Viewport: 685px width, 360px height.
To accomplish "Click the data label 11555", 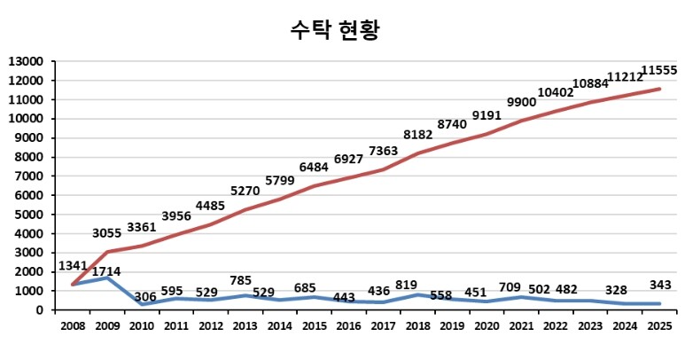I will coord(659,70).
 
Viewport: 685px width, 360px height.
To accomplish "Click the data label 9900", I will coord(520,103).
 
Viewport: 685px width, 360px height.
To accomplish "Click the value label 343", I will coord(658,285).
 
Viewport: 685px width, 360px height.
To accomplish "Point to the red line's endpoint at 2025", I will coord(658,89).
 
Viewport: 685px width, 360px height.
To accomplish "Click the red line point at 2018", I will coord(418,153).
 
